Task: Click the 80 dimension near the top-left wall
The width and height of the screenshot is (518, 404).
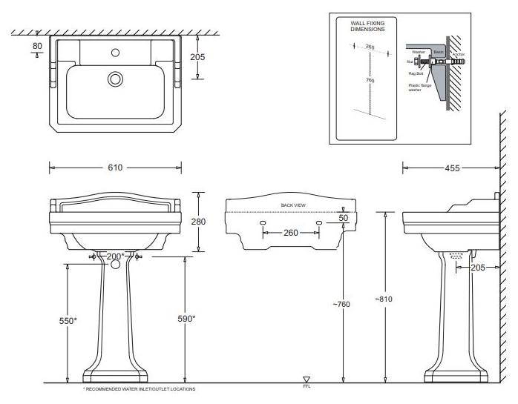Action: point(37,46)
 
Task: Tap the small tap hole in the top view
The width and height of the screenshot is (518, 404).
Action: point(116,53)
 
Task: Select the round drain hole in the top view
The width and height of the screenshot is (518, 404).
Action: point(115,79)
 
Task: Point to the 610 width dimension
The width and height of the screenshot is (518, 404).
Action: point(115,168)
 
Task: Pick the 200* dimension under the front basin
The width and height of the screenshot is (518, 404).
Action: point(116,256)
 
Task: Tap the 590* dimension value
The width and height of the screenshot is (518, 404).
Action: point(188,318)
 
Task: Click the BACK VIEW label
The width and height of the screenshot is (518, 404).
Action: point(292,205)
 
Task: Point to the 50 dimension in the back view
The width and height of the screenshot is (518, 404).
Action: point(343,218)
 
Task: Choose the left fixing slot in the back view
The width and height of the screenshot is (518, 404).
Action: point(263,222)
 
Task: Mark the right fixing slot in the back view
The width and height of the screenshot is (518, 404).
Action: point(319,222)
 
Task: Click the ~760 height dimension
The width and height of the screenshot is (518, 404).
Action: point(341,304)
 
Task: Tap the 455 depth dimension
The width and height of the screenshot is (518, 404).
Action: point(451,168)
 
